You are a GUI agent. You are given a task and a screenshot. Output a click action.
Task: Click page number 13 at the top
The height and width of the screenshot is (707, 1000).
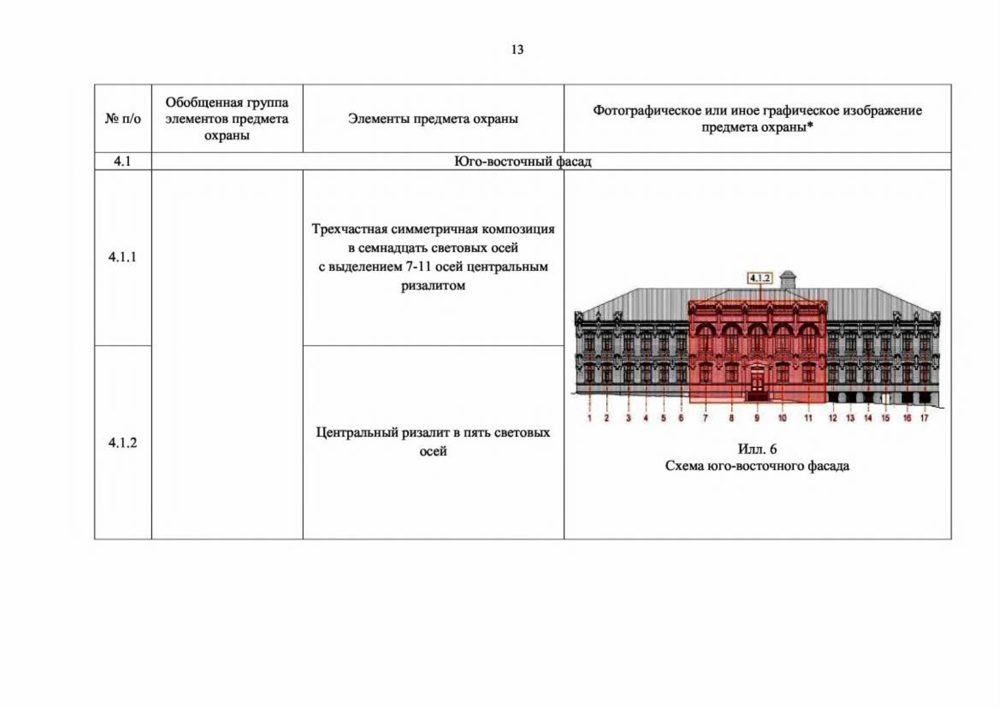coord(518,49)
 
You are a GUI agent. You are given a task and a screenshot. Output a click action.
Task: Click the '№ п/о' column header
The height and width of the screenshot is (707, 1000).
coord(123,118)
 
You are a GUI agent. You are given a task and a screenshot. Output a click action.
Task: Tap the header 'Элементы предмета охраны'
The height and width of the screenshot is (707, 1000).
coord(433,118)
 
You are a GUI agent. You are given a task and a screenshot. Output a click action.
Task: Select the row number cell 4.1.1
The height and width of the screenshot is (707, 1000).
coord(122,257)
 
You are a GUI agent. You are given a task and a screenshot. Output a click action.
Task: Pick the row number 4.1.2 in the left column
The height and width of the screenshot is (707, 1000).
coord(122,442)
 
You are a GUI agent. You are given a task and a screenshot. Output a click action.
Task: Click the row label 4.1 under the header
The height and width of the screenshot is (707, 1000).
coord(122,161)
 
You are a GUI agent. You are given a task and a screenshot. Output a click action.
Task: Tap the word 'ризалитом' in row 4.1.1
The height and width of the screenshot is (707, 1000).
coord(433,286)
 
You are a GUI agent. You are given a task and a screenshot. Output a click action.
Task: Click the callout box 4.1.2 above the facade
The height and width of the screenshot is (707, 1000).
coord(760,278)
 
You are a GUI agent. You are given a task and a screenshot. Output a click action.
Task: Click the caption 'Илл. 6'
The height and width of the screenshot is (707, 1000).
coord(757,449)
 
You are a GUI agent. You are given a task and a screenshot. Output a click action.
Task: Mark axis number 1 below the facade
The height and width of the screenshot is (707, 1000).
coord(590,418)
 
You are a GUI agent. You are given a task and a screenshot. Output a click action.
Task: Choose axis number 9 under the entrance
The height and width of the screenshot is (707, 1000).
coord(757,418)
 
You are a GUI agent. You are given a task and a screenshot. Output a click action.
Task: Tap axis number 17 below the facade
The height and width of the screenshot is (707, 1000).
coord(924,418)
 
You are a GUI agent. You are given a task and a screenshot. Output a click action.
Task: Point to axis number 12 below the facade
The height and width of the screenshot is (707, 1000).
coord(833,418)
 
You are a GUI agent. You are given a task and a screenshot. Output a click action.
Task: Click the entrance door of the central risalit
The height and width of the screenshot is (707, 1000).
coord(757,382)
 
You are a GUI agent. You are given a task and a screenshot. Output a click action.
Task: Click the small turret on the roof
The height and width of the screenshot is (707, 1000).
coord(788,279)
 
